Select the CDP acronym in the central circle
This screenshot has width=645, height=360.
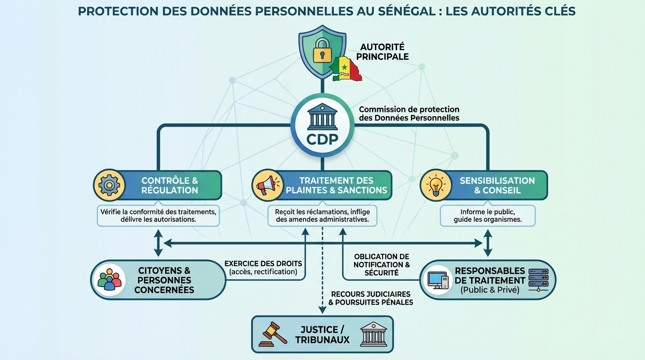pos(322,140)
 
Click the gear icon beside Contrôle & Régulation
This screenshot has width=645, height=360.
pos(109,185)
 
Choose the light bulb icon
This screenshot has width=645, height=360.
pos(435,185)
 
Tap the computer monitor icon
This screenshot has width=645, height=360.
pos(438,280)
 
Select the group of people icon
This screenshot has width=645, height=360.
pos(110,280)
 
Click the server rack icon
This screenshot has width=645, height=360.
pos(538,280)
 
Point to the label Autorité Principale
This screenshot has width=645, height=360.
pos(384,52)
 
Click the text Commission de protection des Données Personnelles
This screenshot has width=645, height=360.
pos(409,113)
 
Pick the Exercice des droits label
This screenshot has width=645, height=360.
pos(263,268)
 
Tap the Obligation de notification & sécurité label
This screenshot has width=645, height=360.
pos(382,264)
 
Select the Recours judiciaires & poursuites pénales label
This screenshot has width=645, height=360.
pos(370,298)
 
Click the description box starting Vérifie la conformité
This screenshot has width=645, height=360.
pos(158,216)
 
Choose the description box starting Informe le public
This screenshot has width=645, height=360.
pos(487,216)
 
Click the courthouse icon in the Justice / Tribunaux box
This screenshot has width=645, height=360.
pos(374,334)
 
